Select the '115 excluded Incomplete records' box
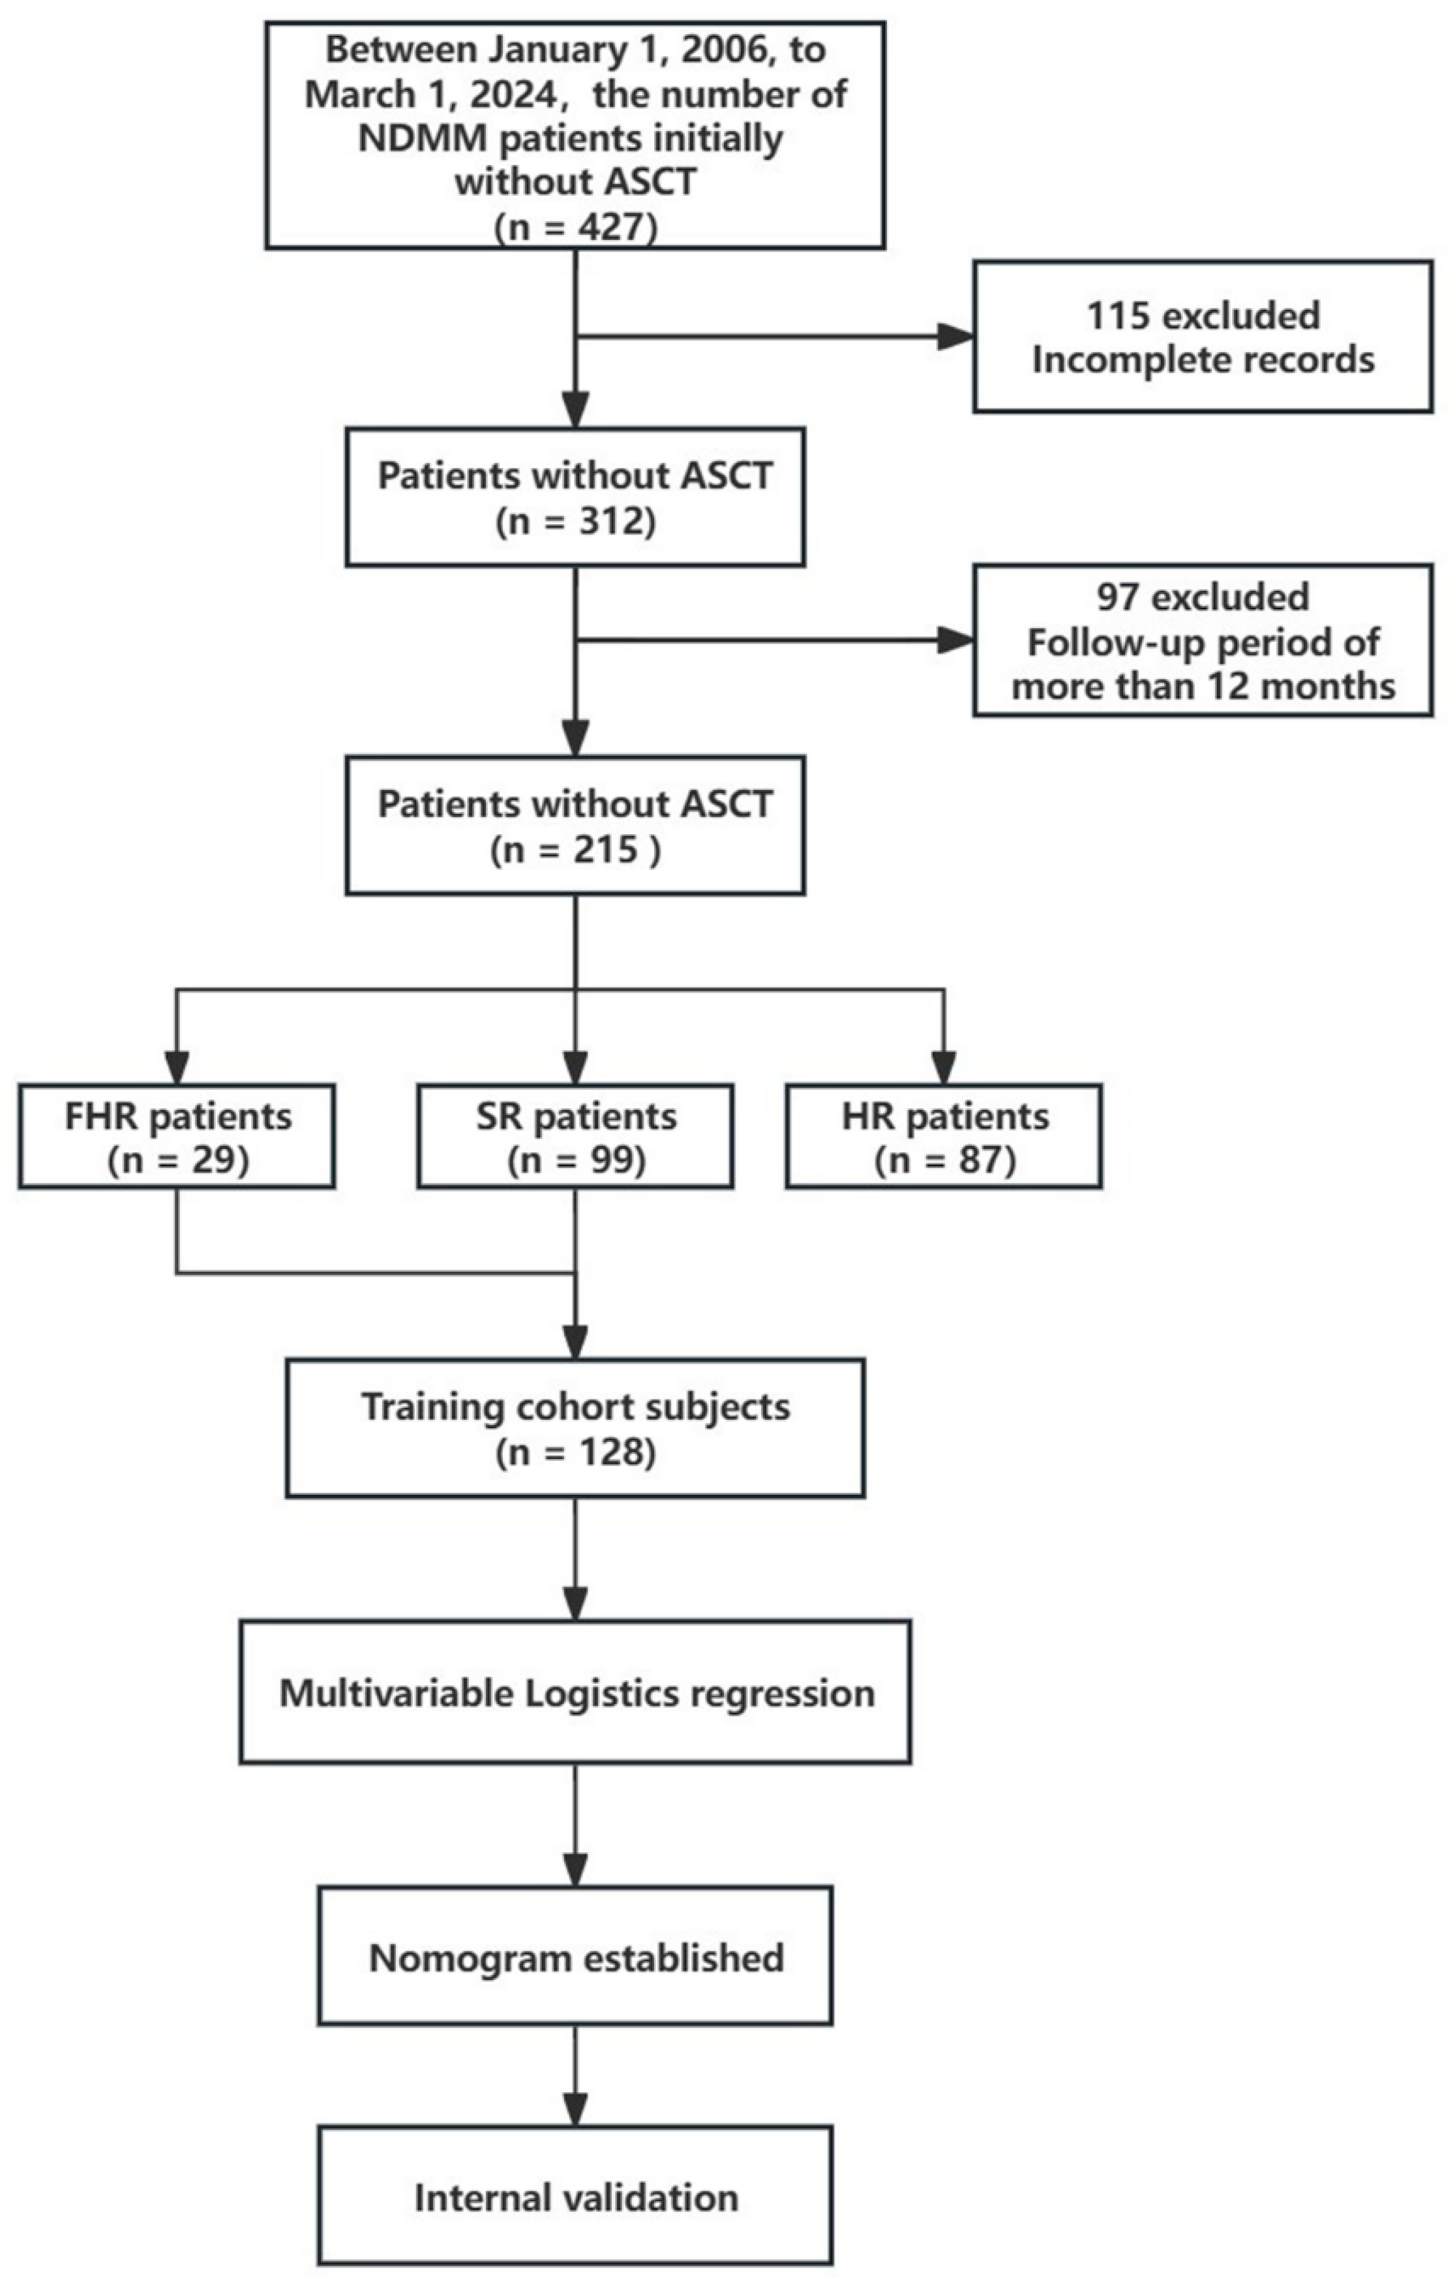click(1202, 337)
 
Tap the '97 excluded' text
click(1202, 597)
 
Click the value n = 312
click(576, 522)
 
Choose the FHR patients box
click(177, 1136)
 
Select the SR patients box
click(576, 1136)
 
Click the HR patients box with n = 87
click(944, 1136)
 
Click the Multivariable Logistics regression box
click(576, 1692)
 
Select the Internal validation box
click(576, 2198)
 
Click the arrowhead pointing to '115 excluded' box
click(956, 337)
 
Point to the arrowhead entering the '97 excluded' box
click(956, 640)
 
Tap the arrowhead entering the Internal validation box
click(576, 2111)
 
